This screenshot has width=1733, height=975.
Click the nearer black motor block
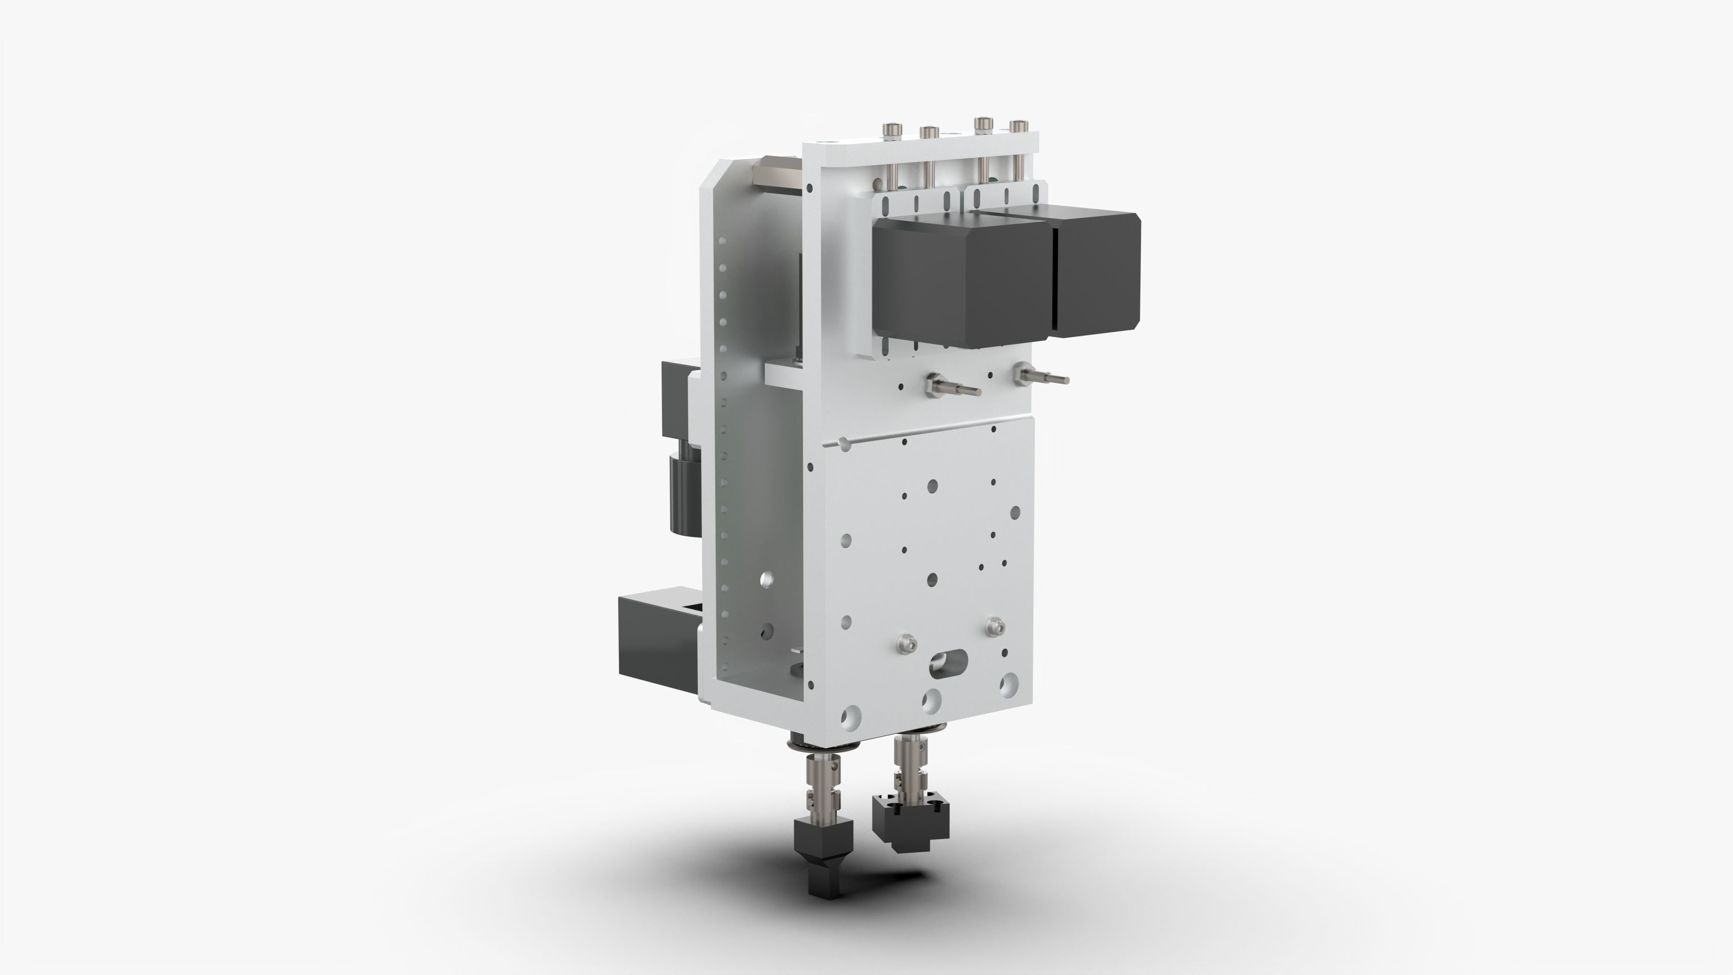[962, 283]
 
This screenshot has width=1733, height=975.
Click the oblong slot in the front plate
[949, 663]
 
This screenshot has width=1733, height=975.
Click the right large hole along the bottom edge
[1009, 685]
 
